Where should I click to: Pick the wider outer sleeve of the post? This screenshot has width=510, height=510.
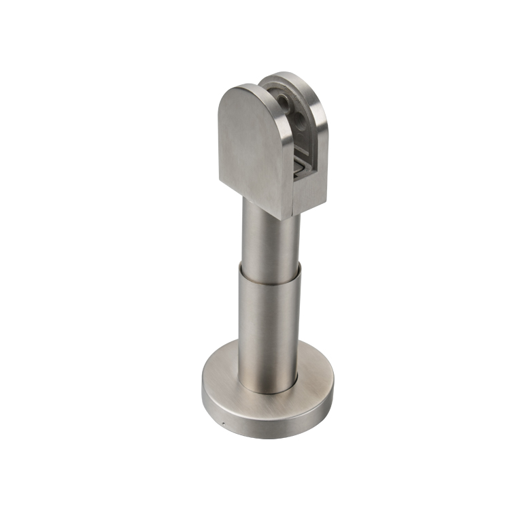[269, 326]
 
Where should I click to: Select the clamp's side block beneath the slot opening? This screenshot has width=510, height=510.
[309, 194]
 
